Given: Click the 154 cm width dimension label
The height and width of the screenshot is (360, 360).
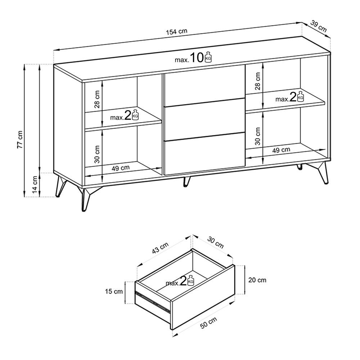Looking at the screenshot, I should pos(177,31).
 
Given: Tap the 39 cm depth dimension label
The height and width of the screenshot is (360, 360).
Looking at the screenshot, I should pos(319,26).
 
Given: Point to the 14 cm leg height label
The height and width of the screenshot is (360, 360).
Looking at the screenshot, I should pos(35,185).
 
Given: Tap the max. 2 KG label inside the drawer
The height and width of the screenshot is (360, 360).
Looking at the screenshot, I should pos(180,282).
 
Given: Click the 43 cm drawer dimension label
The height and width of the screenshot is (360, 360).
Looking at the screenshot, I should pos(160,248).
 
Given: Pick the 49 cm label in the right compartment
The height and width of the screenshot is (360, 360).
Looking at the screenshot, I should pos(281,150).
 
